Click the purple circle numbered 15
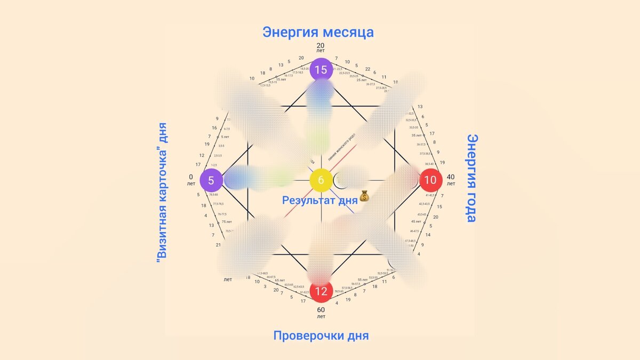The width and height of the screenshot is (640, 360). coord(321,69)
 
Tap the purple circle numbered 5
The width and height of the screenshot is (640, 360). coord(211,180)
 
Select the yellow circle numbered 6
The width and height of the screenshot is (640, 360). coord(321,180)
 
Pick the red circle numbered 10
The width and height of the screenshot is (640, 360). coord(430,180)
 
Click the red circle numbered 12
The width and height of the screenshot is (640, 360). coord(321,291)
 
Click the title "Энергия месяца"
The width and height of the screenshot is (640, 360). coord(318,32)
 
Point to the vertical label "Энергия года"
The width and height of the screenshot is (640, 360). coord(472,178)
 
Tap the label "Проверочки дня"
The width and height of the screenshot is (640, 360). coord(321,336)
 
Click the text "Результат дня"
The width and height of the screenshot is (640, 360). coord(319,201)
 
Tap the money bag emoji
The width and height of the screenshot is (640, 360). coord(365,197)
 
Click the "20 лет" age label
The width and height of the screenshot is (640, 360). coord(321,47)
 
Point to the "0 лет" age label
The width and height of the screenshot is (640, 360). coord(191,180)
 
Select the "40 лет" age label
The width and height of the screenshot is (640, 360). coord(451,180)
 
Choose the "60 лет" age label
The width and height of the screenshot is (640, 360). coord(321,312)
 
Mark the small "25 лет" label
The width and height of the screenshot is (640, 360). coord(362,80)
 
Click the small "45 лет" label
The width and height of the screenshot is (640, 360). coord(416,221)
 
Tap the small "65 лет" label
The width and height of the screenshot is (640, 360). coord(279,280)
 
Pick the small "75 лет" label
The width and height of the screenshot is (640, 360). coord(226,221)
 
